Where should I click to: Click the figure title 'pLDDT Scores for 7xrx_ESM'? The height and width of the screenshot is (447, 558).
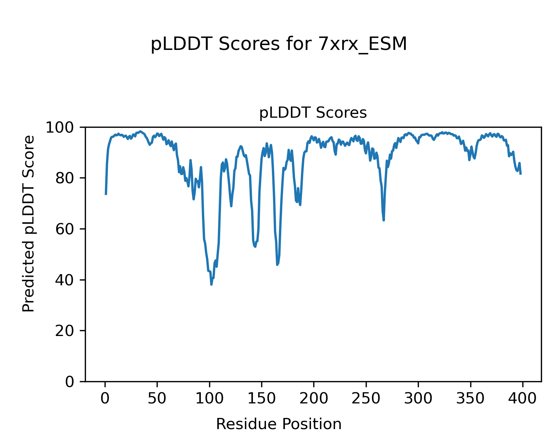[279, 45]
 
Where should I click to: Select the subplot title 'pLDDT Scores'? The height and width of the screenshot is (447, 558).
[313, 113]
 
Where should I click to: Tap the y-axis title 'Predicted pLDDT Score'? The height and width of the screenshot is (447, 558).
[29, 223]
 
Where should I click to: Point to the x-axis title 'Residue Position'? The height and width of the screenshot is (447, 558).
[279, 424]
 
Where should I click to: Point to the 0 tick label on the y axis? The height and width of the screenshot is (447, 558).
[70, 381]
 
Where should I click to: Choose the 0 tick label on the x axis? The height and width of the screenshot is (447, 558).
[105, 399]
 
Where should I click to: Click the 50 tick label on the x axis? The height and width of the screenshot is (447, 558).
[157, 399]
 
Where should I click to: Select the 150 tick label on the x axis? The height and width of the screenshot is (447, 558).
[262, 399]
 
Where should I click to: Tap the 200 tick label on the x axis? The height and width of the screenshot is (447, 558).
[314, 399]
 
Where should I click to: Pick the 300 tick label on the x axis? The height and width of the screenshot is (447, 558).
[418, 399]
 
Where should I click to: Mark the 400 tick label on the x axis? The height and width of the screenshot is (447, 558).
[522, 399]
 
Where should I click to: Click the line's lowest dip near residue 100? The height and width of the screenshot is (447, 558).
[211, 285]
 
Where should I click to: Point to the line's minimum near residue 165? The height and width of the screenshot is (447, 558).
[277, 264]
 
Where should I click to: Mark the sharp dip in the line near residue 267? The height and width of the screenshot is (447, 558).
[384, 220]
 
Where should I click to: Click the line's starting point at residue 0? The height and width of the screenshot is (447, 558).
[106, 194]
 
